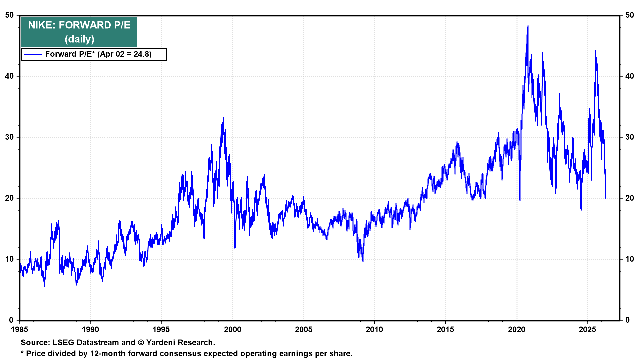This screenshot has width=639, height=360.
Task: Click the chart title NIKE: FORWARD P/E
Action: coord(79,25)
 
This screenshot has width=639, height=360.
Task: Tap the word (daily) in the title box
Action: coord(79,39)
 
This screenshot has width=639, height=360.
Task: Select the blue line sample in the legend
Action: coord(33,54)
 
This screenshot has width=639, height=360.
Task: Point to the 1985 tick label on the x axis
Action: coord(20,330)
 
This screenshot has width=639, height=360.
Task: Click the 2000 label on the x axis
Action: coord(232,330)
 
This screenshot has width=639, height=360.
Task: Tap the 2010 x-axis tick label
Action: coord(374,330)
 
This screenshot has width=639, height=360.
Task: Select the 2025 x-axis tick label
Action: coord(587,330)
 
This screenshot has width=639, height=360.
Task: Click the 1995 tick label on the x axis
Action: coord(161,330)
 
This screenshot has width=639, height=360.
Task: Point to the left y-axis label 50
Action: coord(10,15)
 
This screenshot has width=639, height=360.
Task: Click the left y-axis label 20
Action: coord(10,198)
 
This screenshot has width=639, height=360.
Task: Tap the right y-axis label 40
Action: coord(630,76)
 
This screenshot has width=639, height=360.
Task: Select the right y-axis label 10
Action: coord(630,259)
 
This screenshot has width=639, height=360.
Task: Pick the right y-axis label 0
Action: coord(628,320)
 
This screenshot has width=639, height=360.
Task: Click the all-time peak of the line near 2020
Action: coord(528,26)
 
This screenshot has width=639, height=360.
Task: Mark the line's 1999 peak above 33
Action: coord(223,118)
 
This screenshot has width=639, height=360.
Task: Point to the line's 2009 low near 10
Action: coord(363,261)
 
